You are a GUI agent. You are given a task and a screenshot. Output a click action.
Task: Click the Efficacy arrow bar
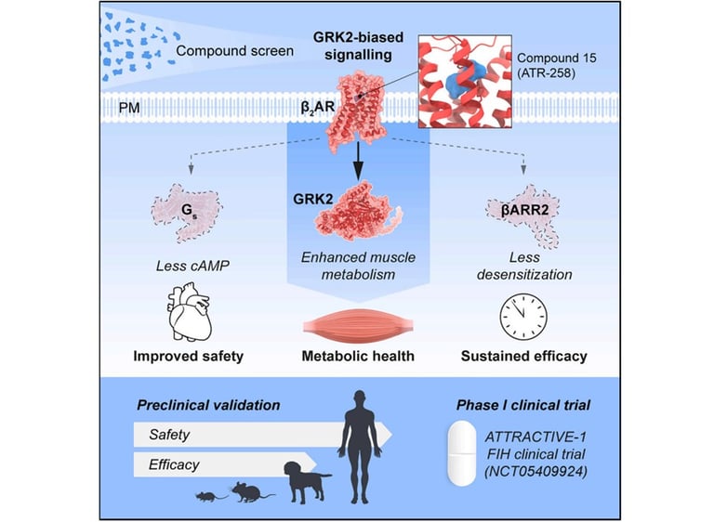coord(232,462)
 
